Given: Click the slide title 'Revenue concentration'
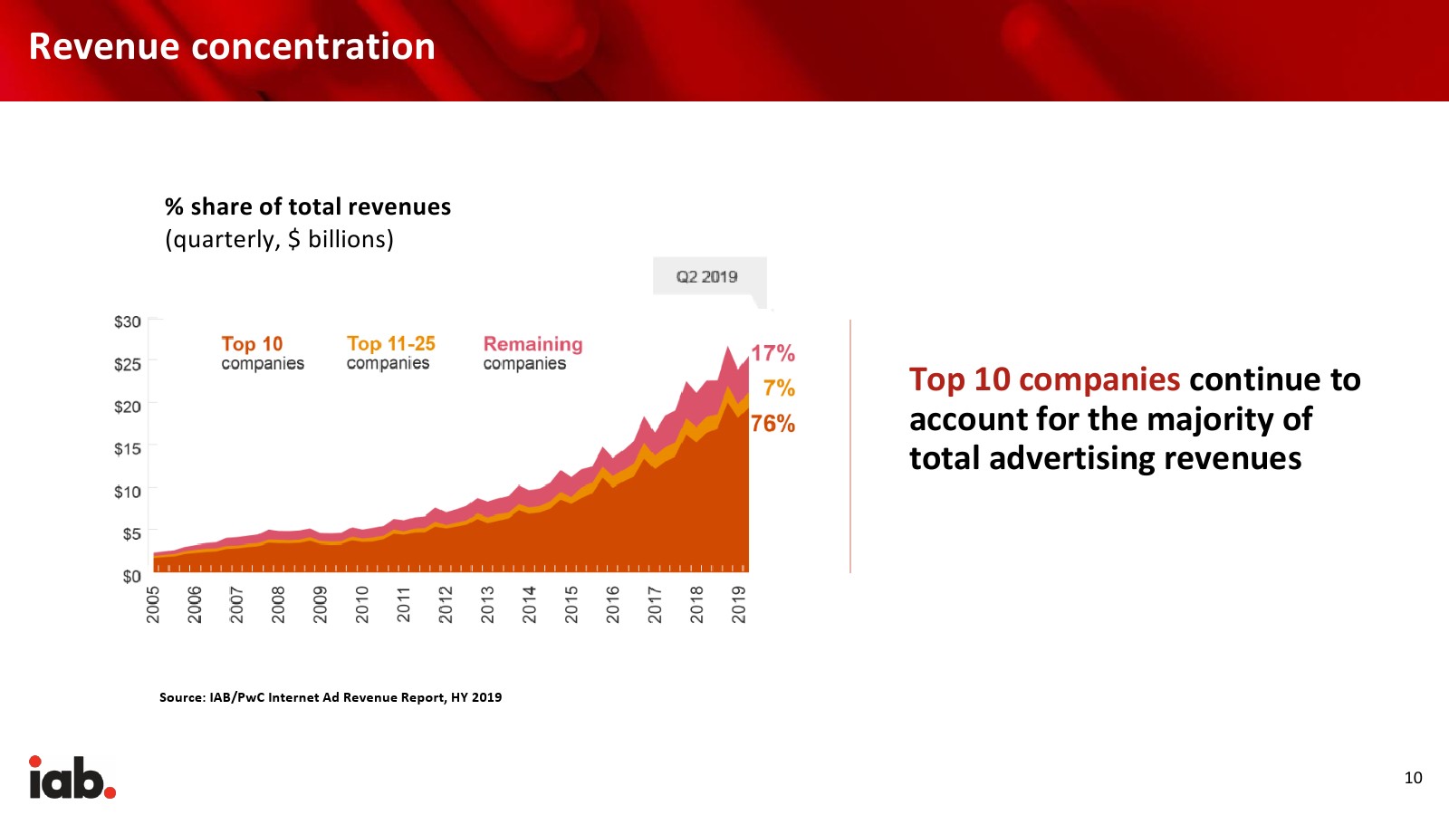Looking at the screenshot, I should tap(232, 47).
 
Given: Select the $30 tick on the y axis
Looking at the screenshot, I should tap(128, 321).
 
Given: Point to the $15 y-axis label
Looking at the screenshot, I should tap(128, 448).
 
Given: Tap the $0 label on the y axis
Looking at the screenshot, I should tap(131, 577).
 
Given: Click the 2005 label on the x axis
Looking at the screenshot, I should tap(154, 604).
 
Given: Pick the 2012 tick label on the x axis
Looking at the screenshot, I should tap(446, 604).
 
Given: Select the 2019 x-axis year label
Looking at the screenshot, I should tap(739, 604).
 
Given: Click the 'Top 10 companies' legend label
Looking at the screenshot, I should tap(263, 353).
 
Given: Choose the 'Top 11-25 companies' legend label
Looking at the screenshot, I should tap(390, 353).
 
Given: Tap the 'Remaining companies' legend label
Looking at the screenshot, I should tap(533, 353).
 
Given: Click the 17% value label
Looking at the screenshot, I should tap(772, 353).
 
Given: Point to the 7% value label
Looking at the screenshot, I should tap(779, 388).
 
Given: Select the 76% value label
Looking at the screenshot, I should tap(772, 424).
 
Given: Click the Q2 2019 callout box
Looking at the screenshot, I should tap(708, 277).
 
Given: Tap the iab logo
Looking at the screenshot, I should tap(72, 778).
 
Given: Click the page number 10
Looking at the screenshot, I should tap(1413, 778).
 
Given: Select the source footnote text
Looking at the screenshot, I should tap(331, 697).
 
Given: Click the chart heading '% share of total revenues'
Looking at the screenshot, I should tap(308, 207).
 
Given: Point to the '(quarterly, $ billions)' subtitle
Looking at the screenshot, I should tap(279, 239).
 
